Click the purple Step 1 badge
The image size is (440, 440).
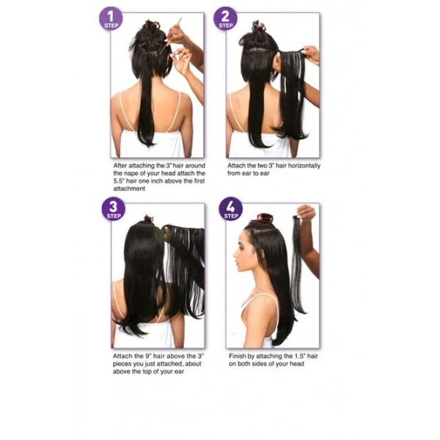coord(111,18)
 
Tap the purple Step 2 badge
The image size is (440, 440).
coord(225,18)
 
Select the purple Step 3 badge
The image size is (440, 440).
coord(114,209)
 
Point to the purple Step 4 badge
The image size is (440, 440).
coord(230,209)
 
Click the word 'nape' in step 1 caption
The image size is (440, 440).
coord(132,173)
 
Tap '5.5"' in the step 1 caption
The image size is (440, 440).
coord(118,181)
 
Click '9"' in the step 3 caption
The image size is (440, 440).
coord(148,356)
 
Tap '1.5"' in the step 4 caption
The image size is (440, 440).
coord(300,356)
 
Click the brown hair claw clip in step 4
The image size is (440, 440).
coord(265,219)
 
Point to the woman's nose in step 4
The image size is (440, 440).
coord(235,255)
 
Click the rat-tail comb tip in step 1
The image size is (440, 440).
coord(180,19)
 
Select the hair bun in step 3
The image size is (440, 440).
coord(149,219)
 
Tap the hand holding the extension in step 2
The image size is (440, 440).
coord(311,54)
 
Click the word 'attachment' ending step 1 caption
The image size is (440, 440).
coord(129,188)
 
